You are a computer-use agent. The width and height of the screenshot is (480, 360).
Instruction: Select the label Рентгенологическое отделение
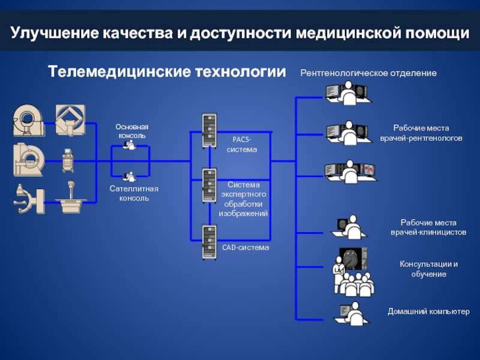(368, 73)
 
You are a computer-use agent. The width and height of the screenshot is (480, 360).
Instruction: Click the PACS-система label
(242, 144)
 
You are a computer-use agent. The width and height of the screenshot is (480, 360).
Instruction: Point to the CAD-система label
(245, 247)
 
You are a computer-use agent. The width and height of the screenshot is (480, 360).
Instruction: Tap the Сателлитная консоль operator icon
(129, 176)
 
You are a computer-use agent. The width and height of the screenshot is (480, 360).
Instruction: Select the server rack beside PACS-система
(209, 131)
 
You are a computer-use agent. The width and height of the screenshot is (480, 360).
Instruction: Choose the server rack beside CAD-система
(209, 242)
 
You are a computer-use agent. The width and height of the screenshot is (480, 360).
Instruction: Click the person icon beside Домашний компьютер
(353, 314)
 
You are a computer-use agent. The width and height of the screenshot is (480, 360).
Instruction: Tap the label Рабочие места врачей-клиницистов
(428, 227)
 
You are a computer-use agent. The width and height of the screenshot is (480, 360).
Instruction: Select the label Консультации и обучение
(428, 269)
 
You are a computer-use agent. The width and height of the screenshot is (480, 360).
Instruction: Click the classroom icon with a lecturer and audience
(353, 270)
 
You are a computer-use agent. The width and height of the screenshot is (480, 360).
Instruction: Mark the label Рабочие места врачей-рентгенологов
(421, 133)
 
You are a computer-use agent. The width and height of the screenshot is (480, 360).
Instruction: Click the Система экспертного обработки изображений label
(243, 199)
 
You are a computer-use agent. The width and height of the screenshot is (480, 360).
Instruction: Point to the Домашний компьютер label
(428, 312)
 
